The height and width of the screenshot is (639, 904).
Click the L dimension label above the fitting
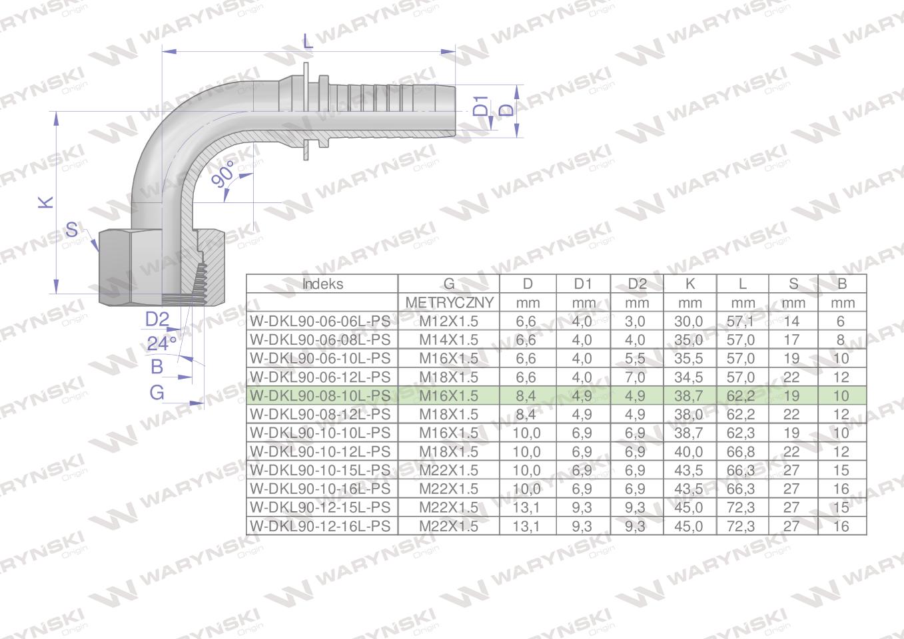[x=307, y=41]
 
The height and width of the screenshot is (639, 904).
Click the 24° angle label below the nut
[x=161, y=343]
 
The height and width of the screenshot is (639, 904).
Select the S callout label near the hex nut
[x=72, y=230]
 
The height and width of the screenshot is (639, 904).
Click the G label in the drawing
[x=157, y=392]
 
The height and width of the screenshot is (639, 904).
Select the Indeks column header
[x=322, y=284]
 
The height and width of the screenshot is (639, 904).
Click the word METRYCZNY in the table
[x=449, y=303]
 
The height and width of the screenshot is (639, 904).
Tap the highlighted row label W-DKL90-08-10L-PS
[x=320, y=395]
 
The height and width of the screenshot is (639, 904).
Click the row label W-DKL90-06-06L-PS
[x=320, y=321]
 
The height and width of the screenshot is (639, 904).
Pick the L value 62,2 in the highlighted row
[x=741, y=395]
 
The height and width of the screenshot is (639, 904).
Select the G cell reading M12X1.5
[x=448, y=321]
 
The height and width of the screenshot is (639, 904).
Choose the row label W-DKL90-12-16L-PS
[x=320, y=526]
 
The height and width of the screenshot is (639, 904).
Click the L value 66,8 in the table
[x=741, y=451]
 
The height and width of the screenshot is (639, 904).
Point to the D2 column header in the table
[x=637, y=284]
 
